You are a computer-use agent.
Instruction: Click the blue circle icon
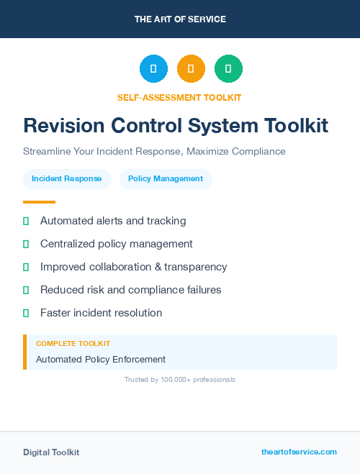click(153, 69)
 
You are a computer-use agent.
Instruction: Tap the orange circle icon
click(191, 69)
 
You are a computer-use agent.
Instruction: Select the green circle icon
click(228, 69)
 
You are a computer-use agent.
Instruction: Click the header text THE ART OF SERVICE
click(180, 19)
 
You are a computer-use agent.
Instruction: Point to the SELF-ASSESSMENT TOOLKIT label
click(179, 97)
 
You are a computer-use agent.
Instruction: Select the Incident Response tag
click(67, 179)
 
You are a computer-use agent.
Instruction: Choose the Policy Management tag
click(166, 179)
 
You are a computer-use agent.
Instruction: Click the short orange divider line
click(39, 202)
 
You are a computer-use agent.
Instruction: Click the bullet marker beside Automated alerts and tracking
click(26, 221)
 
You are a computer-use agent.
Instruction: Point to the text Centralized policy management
click(117, 244)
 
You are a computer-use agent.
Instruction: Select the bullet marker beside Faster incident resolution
click(26, 313)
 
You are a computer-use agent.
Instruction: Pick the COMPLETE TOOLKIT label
click(73, 344)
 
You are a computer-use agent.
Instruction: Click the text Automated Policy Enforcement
click(101, 359)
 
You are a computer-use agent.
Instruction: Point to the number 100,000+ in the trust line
click(171, 379)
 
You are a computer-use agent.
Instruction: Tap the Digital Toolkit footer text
click(51, 452)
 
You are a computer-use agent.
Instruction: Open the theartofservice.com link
click(299, 452)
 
